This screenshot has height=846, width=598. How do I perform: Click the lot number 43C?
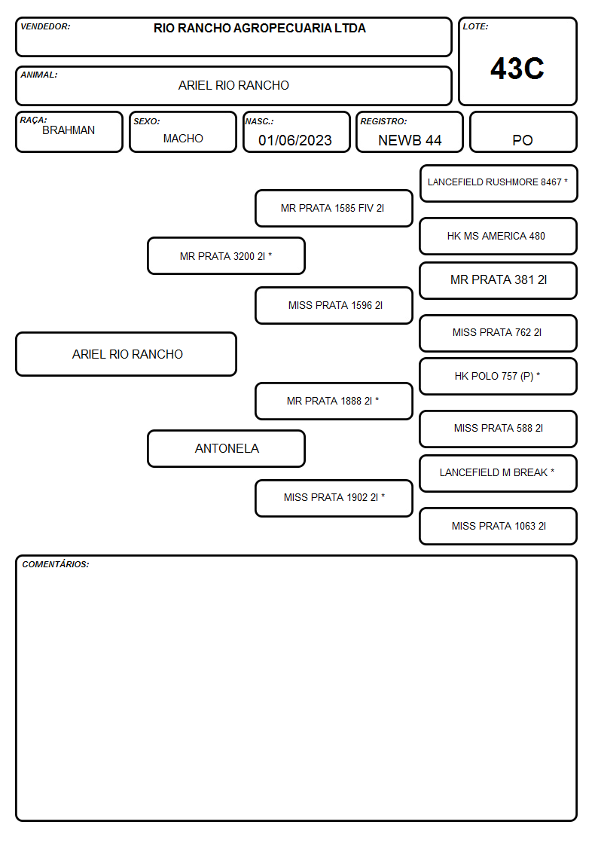point(517,69)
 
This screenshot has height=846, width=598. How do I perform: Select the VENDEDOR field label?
point(45,26)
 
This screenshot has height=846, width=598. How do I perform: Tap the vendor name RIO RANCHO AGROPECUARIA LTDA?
point(259,28)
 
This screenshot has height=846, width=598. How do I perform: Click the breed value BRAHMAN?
point(69,130)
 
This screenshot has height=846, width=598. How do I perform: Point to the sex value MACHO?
point(183,139)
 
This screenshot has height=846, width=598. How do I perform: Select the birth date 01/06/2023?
point(295,140)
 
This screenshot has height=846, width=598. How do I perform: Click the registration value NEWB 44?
point(410,140)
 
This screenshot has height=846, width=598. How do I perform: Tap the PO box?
point(523,132)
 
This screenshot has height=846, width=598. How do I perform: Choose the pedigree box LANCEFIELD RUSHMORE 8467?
point(499,184)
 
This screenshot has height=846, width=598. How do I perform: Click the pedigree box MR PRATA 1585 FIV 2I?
point(334,208)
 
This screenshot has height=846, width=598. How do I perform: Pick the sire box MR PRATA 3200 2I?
point(227,255)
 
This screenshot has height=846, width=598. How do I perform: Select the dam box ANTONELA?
point(227,449)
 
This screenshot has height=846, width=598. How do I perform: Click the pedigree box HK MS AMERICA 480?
point(499,237)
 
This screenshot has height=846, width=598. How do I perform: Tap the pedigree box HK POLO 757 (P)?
point(499,377)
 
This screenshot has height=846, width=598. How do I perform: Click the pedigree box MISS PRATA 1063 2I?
point(499,526)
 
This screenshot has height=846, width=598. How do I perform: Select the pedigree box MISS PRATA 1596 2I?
point(334,305)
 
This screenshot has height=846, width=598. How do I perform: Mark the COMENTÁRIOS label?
point(56,564)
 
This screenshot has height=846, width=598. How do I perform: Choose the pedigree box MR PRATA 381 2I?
point(499,280)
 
